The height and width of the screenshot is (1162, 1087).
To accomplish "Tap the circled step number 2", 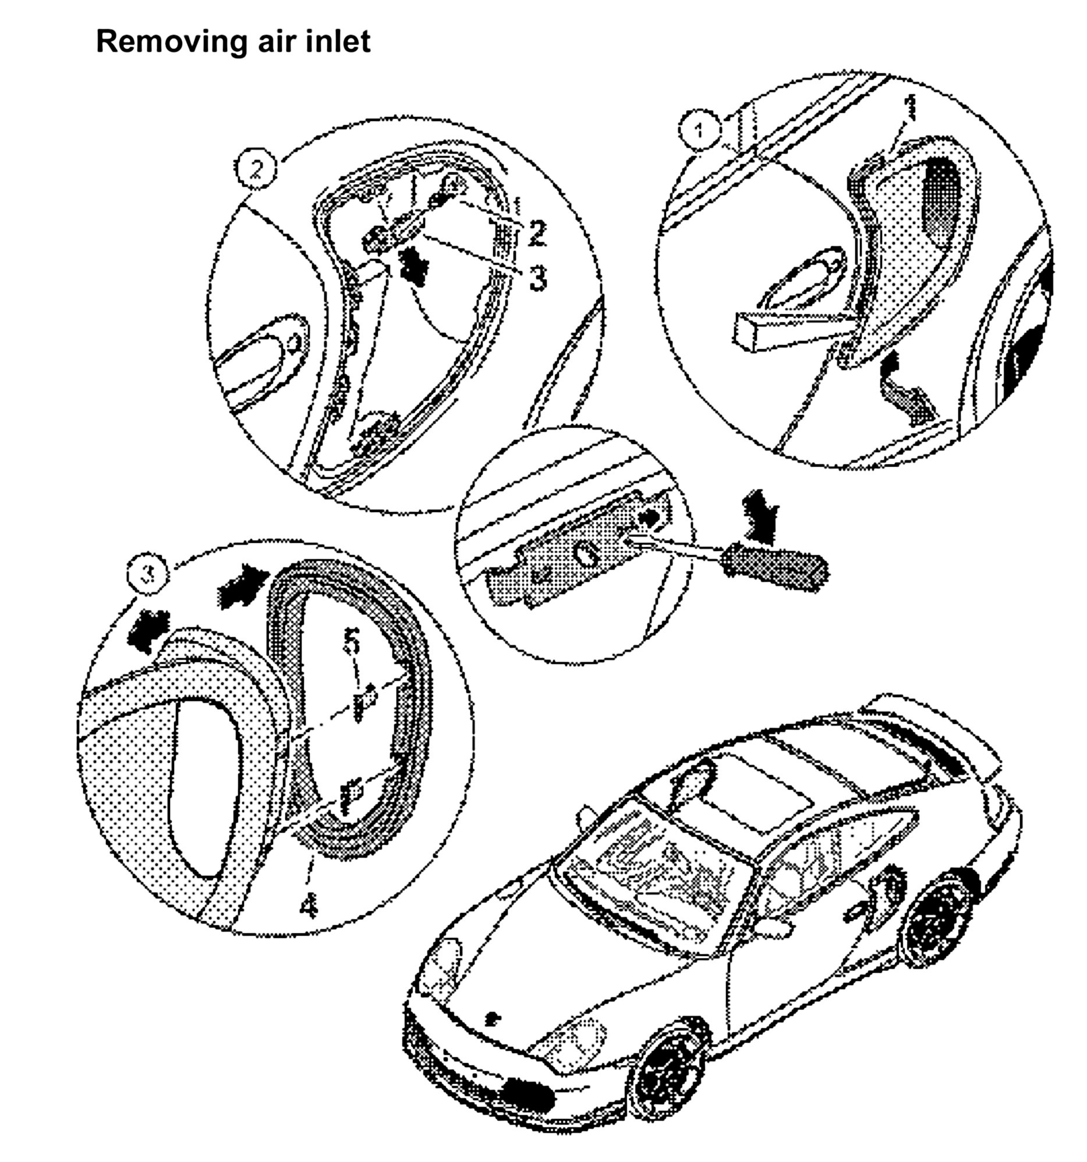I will click(256, 169).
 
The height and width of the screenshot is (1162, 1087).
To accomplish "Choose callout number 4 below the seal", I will click(309, 905).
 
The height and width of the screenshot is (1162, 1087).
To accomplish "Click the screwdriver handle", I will click(775, 567).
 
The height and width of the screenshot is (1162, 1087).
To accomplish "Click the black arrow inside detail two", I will click(415, 264).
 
